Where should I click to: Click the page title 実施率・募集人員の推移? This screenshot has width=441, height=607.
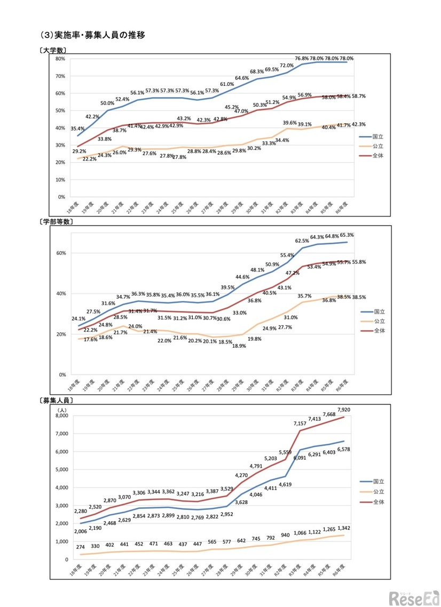click(x=92, y=36)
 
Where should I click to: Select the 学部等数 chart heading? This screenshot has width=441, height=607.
click(x=60, y=221)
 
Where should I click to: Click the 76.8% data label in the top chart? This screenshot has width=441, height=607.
click(x=302, y=59)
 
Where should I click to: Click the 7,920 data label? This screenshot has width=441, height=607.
click(x=345, y=410)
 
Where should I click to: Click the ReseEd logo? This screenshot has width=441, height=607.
click(x=414, y=597)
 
